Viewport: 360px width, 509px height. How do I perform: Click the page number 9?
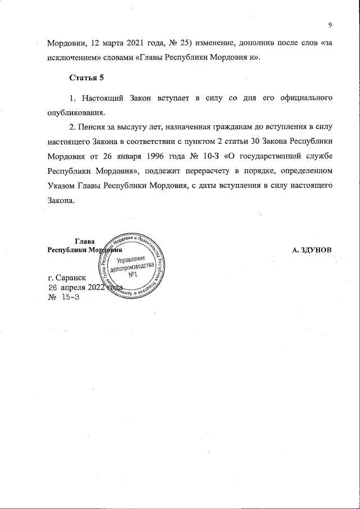tap(330, 25)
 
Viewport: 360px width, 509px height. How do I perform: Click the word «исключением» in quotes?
tap(72, 58)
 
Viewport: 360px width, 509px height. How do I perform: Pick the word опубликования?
tap(76, 111)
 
